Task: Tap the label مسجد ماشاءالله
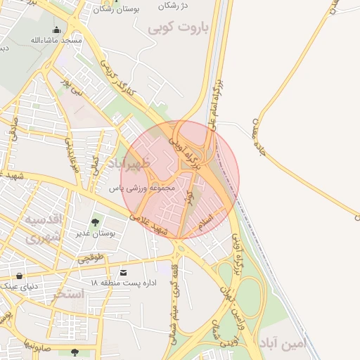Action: coord(56,40)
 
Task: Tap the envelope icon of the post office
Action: coord(124,272)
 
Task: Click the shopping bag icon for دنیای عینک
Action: coord(18,276)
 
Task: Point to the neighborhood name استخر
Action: coord(67,293)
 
